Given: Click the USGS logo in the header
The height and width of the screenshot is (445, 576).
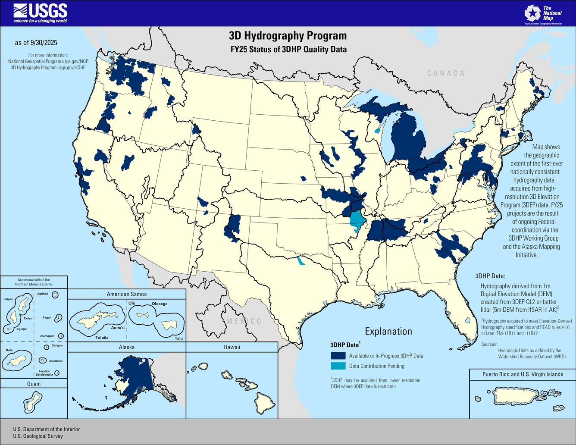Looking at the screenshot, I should pyautogui.click(x=41, y=13).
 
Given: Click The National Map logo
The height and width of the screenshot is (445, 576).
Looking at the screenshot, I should pyautogui.click(x=542, y=14).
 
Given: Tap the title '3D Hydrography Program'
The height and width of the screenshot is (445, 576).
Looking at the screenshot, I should pyautogui.click(x=288, y=35).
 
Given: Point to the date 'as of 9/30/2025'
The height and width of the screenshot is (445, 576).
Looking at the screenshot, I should pyautogui.click(x=36, y=43).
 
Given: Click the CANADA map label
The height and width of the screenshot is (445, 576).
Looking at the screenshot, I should pyautogui.click(x=446, y=73).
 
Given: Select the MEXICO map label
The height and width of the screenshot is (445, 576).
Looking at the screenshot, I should pyautogui.click(x=244, y=321).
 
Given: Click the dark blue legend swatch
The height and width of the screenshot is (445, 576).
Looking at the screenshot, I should pyautogui.click(x=338, y=356).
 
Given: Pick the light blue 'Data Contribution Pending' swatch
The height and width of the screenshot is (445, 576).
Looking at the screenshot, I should pyautogui.click(x=338, y=366).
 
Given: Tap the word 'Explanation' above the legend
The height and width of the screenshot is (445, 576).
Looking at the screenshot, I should pyautogui.click(x=388, y=331).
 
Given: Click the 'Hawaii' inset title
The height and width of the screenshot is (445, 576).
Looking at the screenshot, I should pyautogui.click(x=232, y=347).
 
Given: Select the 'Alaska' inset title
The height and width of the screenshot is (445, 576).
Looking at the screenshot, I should pyautogui.click(x=127, y=347).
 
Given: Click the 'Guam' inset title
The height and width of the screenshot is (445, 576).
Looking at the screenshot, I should pyautogui.click(x=34, y=384).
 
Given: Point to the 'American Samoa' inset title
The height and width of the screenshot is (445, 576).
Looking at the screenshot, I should pyautogui.click(x=127, y=294).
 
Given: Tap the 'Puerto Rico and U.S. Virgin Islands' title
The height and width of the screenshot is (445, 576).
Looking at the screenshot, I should pyautogui.click(x=523, y=374).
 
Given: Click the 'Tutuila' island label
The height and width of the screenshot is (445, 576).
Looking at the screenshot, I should pyautogui.click(x=102, y=338).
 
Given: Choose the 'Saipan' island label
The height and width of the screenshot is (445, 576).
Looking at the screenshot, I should pyautogui.click(x=8, y=299).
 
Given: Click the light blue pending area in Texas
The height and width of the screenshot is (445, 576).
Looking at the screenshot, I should pyautogui.click(x=300, y=261).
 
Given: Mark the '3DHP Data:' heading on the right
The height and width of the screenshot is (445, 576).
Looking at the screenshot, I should pyautogui.click(x=490, y=276).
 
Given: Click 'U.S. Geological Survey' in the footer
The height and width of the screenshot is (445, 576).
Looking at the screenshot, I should pyautogui.click(x=38, y=436).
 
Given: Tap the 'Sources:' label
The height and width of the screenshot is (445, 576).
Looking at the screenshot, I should pyautogui.click(x=489, y=344).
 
